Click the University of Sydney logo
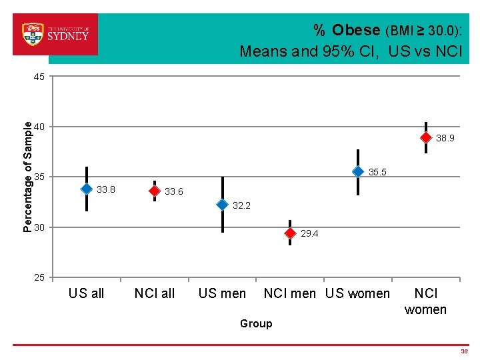coord(55,33)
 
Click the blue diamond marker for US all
coord(87,189)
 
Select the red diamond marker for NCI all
coord(155,191)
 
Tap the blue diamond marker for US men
coord(223,204)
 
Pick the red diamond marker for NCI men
coord(290,233)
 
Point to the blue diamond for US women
coord(358,171)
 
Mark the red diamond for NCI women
coord(426,137)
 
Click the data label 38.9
coord(445,139)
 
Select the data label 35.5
coord(377,173)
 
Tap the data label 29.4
coord(309,234)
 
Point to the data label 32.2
coord(241,205)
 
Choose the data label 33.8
coord(106,190)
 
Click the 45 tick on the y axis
coord(39,77)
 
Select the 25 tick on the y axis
coord(39,277)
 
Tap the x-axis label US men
coord(222,293)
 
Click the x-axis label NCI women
coord(426,301)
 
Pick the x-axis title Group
coord(256,323)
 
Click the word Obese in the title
coord(355,30)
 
